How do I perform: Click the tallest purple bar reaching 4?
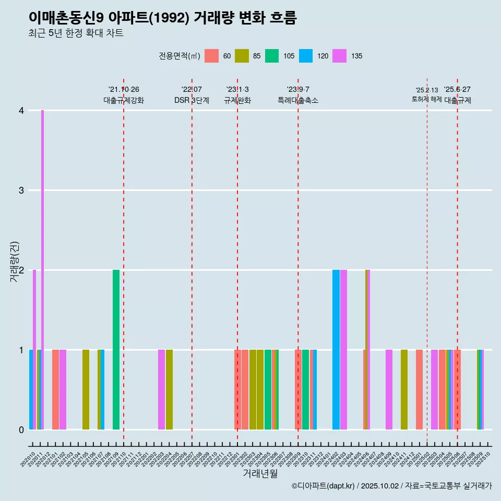tap(42, 269)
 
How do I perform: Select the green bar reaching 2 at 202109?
tap(116, 350)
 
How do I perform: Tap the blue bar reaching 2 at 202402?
tap(336, 350)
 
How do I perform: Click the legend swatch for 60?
tap(211, 56)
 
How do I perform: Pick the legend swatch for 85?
tap(242, 56)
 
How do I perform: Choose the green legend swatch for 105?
tap(272, 56)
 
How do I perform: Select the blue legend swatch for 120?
tap(306, 56)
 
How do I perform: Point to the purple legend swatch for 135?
tap(339, 56)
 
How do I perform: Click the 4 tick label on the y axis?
tap(21, 111)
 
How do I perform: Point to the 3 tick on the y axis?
tap(21, 190)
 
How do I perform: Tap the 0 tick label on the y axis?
tap(21, 430)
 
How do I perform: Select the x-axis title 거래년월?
tap(260, 473)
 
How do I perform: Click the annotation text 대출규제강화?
tap(124, 100)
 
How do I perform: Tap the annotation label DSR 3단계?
tap(192, 100)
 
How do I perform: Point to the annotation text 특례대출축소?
tap(298, 100)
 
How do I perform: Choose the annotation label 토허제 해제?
tap(426, 99)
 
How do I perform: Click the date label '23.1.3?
tap(237, 90)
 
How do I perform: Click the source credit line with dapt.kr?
tap(391, 486)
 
